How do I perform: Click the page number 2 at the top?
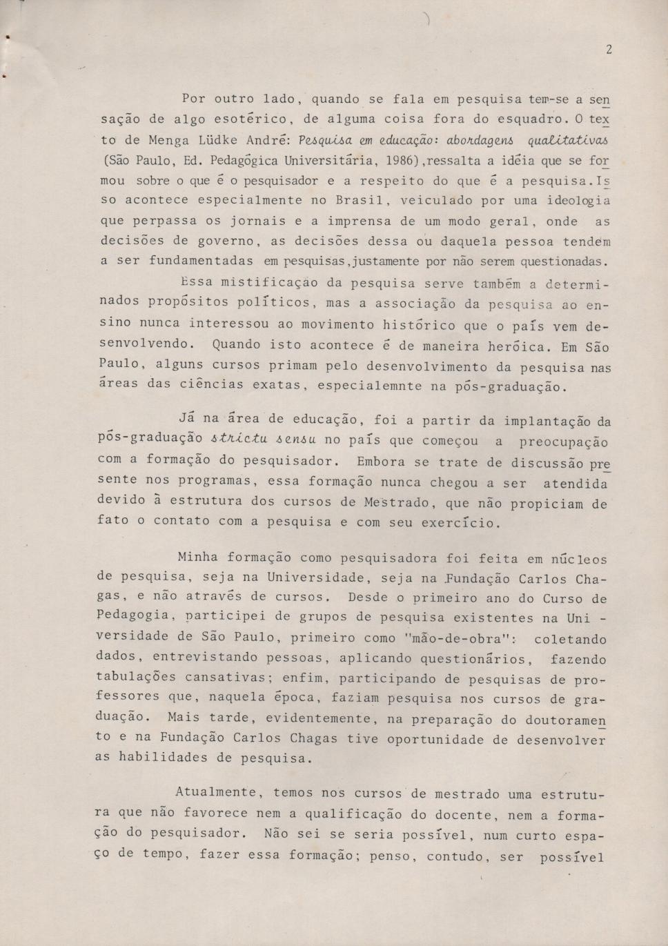[x=609, y=49]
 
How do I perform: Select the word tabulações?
[x=137, y=678]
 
